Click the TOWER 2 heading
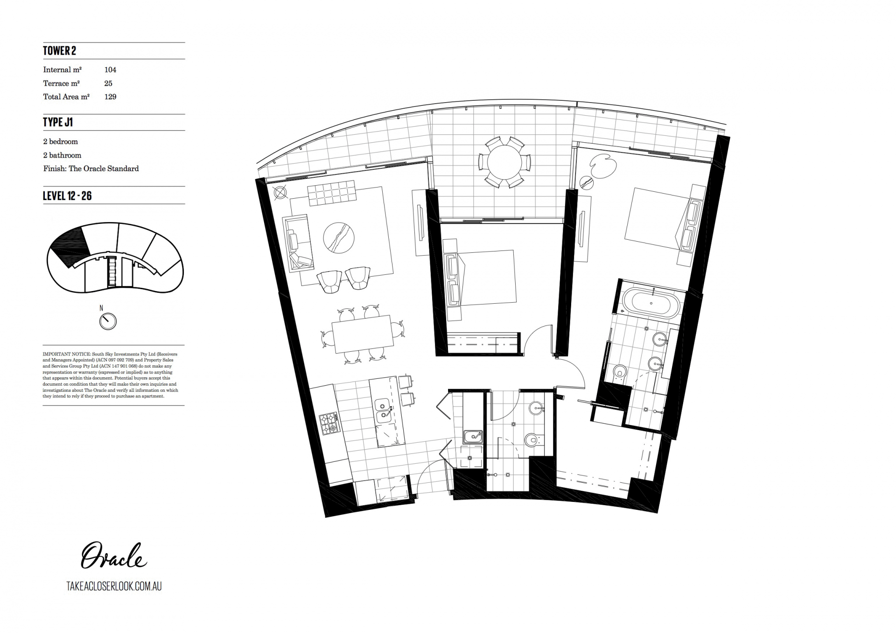point(59,51)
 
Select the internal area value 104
point(110,70)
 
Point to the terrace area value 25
point(108,83)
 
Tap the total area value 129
point(110,97)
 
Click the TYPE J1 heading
point(58,122)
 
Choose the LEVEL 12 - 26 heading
point(67,196)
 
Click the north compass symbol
point(108,321)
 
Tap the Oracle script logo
point(114,555)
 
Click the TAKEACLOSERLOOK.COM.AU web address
point(114,586)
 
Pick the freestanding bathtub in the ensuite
point(651,304)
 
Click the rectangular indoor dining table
point(362,334)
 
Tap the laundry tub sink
point(473,437)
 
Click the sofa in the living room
point(299,243)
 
